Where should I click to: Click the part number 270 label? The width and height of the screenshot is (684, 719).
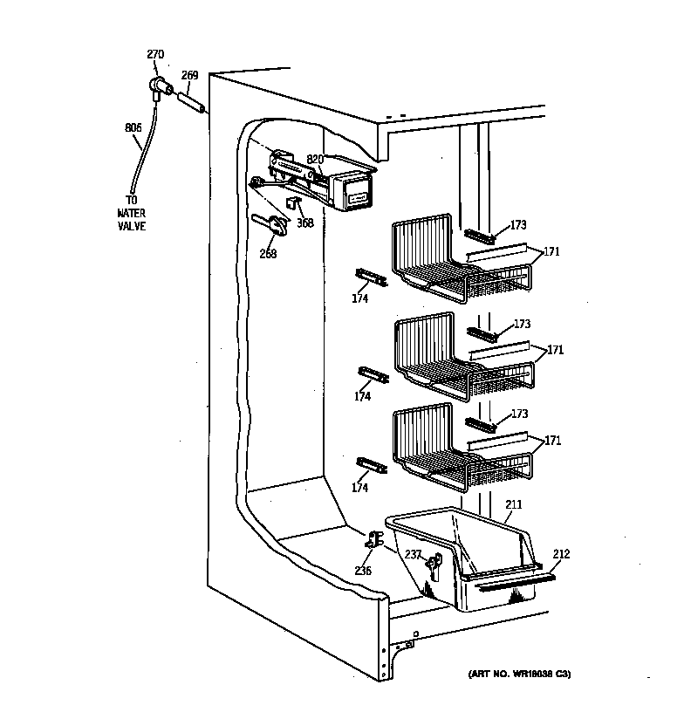[154, 55]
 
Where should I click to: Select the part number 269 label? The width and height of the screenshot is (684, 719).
[189, 75]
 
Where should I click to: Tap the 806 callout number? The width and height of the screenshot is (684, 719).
[133, 128]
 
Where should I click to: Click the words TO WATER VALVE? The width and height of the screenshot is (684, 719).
[132, 213]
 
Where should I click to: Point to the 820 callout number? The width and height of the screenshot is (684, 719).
[315, 160]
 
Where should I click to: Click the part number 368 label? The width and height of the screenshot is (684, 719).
[304, 223]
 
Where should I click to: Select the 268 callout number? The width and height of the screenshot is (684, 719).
[268, 254]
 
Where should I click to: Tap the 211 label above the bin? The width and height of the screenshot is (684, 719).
[514, 504]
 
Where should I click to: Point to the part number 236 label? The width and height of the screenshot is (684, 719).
[363, 571]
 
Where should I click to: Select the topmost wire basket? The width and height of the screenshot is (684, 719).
[461, 262]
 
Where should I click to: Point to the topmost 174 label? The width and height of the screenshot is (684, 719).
[360, 298]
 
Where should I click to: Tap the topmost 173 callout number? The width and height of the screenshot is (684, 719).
[520, 225]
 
